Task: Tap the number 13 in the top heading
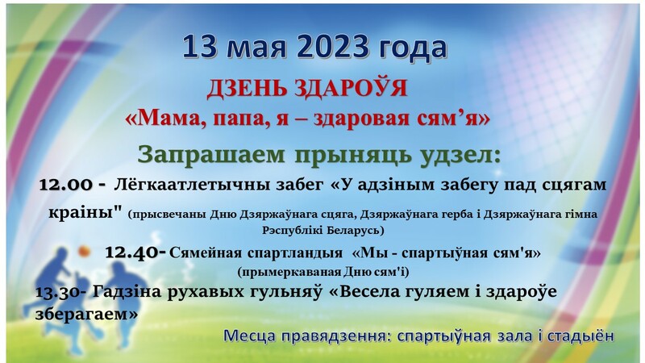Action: tap(199, 47)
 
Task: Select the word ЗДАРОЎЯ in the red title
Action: tap(351, 88)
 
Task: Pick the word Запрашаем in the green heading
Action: tap(211, 156)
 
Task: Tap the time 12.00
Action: tap(66, 185)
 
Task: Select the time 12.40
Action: tap(131, 252)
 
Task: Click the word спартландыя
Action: tap(295, 252)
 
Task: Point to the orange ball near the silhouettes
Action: tap(84, 252)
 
